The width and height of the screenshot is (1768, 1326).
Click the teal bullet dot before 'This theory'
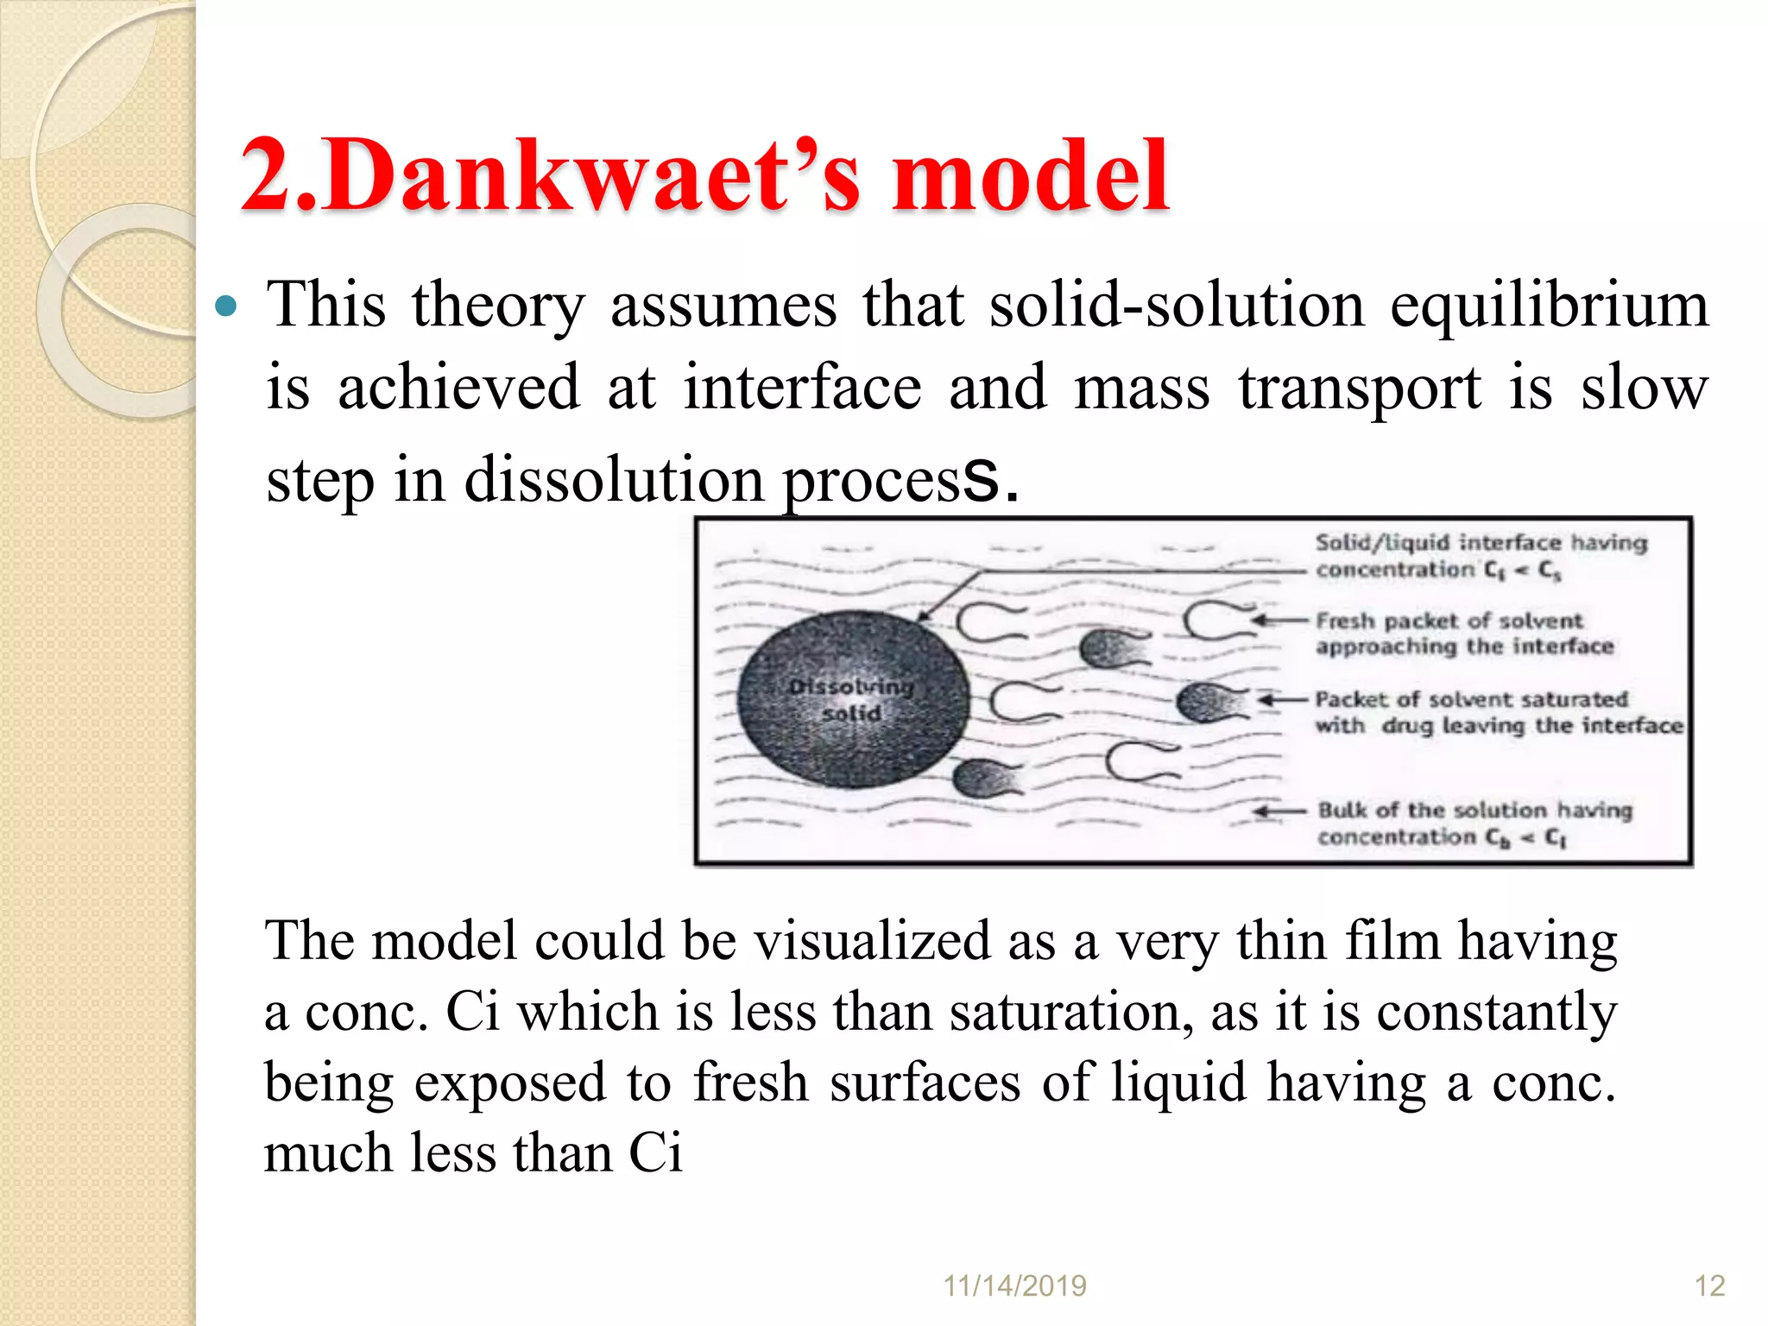(x=225, y=306)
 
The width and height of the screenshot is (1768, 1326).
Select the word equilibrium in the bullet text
(x=1549, y=306)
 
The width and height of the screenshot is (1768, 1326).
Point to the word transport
(x=1360, y=388)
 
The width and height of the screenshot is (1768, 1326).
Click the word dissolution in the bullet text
(x=614, y=480)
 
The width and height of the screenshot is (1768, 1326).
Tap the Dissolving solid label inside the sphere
(x=851, y=700)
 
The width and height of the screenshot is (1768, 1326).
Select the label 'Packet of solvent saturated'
(x=1471, y=699)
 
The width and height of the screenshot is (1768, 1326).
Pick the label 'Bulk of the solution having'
(x=1474, y=811)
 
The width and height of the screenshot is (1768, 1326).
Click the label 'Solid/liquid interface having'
(x=1481, y=543)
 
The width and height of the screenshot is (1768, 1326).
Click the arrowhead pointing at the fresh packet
(x=1260, y=621)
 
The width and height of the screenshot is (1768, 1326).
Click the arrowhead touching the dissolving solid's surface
(x=922, y=616)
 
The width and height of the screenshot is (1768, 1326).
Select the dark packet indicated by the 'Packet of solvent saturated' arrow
(x=1209, y=701)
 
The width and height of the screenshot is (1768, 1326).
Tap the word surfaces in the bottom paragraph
(x=925, y=1083)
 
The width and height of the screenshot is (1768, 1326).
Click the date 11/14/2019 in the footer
(x=1014, y=1286)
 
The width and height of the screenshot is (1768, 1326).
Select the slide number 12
(x=1709, y=1286)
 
